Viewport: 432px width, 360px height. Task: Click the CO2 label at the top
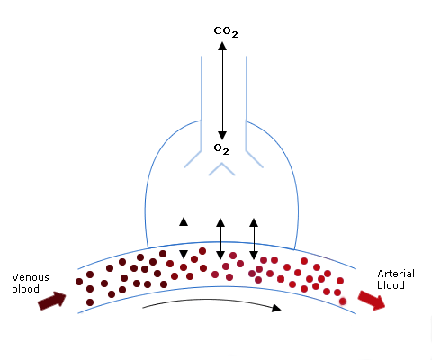coord(226,32)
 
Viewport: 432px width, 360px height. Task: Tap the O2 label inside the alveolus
coord(221,149)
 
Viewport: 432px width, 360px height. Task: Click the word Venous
coord(31,277)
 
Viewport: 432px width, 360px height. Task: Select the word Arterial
coord(396,274)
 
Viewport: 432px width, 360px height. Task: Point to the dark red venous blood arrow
coord(52,301)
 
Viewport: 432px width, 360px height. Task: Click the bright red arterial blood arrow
coord(372,300)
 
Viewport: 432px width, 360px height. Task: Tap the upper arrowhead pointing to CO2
coord(222,46)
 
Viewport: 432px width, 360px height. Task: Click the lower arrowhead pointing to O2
coord(222,136)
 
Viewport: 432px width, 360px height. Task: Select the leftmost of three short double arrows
coord(184,238)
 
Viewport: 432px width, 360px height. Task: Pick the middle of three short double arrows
coord(220,238)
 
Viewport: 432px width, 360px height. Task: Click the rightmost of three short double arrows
coord(254,238)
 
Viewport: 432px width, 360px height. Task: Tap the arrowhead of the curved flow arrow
coord(276,308)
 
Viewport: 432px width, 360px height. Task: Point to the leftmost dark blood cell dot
coord(79,282)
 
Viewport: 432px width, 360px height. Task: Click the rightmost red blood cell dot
coord(343,301)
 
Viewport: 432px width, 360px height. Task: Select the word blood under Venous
coord(25,289)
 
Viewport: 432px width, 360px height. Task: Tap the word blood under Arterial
coord(391,285)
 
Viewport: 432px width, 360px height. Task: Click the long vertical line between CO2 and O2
coord(222,91)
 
